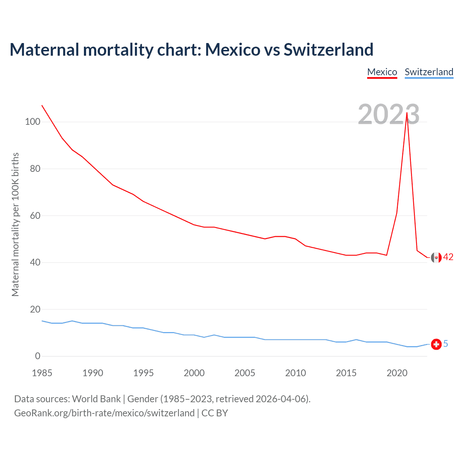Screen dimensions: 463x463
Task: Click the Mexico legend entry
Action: click(382, 72)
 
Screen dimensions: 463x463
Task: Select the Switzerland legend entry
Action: click(429, 72)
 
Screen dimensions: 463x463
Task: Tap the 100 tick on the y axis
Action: click(33, 122)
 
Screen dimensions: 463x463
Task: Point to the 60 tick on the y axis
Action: click(35, 216)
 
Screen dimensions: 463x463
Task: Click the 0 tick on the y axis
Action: click(38, 356)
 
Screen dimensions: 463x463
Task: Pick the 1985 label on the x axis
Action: click(42, 373)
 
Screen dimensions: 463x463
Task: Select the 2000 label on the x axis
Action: click(194, 373)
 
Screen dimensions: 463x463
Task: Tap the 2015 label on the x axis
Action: click(346, 373)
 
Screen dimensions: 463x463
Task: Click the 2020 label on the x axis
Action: click(397, 373)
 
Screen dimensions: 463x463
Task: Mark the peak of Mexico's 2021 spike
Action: click(407, 112)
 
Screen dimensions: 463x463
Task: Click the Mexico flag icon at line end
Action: click(436, 257)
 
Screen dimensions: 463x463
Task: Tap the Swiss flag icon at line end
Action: click(436, 344)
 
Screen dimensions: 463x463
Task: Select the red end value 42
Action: click(448, 257)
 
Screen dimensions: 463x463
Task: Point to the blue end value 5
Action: click(446, 344)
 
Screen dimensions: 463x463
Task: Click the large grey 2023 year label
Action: click(388, 114)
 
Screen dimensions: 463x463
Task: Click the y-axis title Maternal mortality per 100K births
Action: click(15, 224)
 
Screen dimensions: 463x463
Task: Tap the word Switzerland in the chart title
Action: click(328, 50)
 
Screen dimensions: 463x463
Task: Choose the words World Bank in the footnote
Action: click(96, 399)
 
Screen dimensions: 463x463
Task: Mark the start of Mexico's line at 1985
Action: click(42, 105)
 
